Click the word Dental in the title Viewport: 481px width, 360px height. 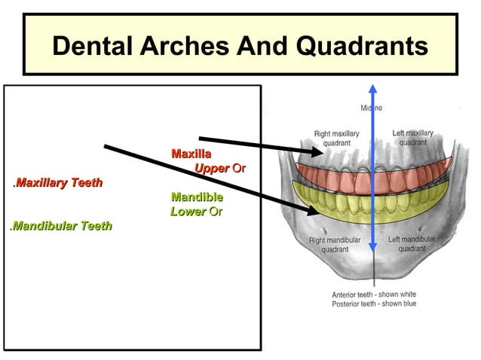click(x=91, y=47)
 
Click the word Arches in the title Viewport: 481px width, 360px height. click(x=185, y=47)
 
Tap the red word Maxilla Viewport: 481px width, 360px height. click(x=191, y=154)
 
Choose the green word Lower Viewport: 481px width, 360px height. click(x=188, y=212)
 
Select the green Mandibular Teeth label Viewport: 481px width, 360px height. click(x=61, y=225)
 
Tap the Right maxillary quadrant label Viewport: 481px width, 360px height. click(x=336, y=138)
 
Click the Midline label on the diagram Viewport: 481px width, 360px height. click(x=371, y=108)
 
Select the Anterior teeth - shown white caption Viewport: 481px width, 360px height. click(x=374, y=294)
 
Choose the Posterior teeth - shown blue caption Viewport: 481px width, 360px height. click(x=374, y=304)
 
